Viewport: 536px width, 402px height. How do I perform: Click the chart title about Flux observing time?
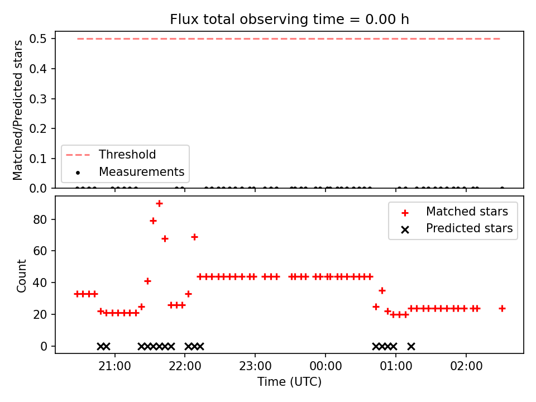289,20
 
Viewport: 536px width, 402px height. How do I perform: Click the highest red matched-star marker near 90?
159,204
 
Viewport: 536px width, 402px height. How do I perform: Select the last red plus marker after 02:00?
502,309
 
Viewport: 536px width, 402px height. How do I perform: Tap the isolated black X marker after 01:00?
411,347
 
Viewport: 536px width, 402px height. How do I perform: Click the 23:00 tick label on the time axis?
255,366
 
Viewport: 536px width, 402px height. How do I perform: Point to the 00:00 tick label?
326,366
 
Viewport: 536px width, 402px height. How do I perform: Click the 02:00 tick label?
466,366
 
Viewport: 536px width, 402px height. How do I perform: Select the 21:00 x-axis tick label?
114,366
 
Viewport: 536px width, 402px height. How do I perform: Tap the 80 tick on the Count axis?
40,220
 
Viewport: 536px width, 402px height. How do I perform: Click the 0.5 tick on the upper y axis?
38,39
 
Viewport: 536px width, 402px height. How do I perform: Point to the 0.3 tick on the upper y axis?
38,99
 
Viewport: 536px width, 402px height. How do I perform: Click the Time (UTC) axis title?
289,382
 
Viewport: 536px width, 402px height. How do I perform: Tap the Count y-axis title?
21,276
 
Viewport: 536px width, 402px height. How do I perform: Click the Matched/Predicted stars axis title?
17,110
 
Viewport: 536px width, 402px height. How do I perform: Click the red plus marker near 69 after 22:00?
194,237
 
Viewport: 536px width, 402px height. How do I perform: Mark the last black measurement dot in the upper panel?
502,188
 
